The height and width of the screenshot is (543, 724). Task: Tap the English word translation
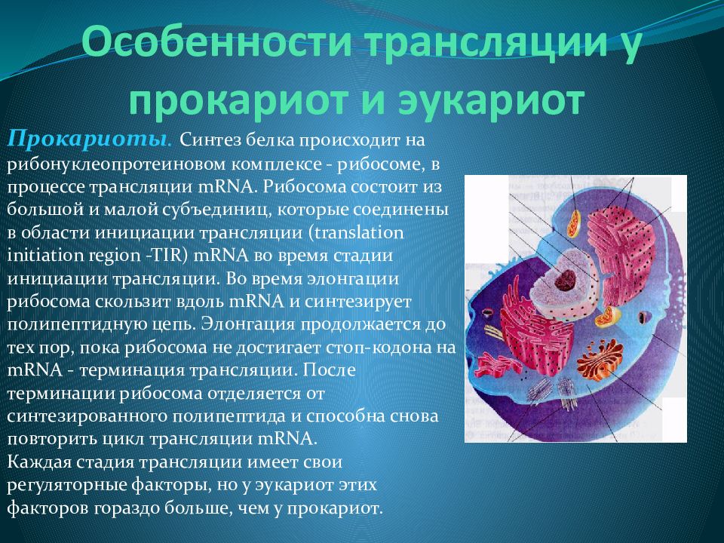coord(359,232)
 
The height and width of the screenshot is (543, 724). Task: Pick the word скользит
coord(135,302)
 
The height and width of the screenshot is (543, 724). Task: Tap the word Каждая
coord(38,462)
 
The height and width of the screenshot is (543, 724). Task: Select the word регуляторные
coord(66,486)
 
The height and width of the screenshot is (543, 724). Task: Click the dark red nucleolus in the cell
coord(565,280)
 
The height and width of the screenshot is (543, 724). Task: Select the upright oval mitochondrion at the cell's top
coord(575,223)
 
